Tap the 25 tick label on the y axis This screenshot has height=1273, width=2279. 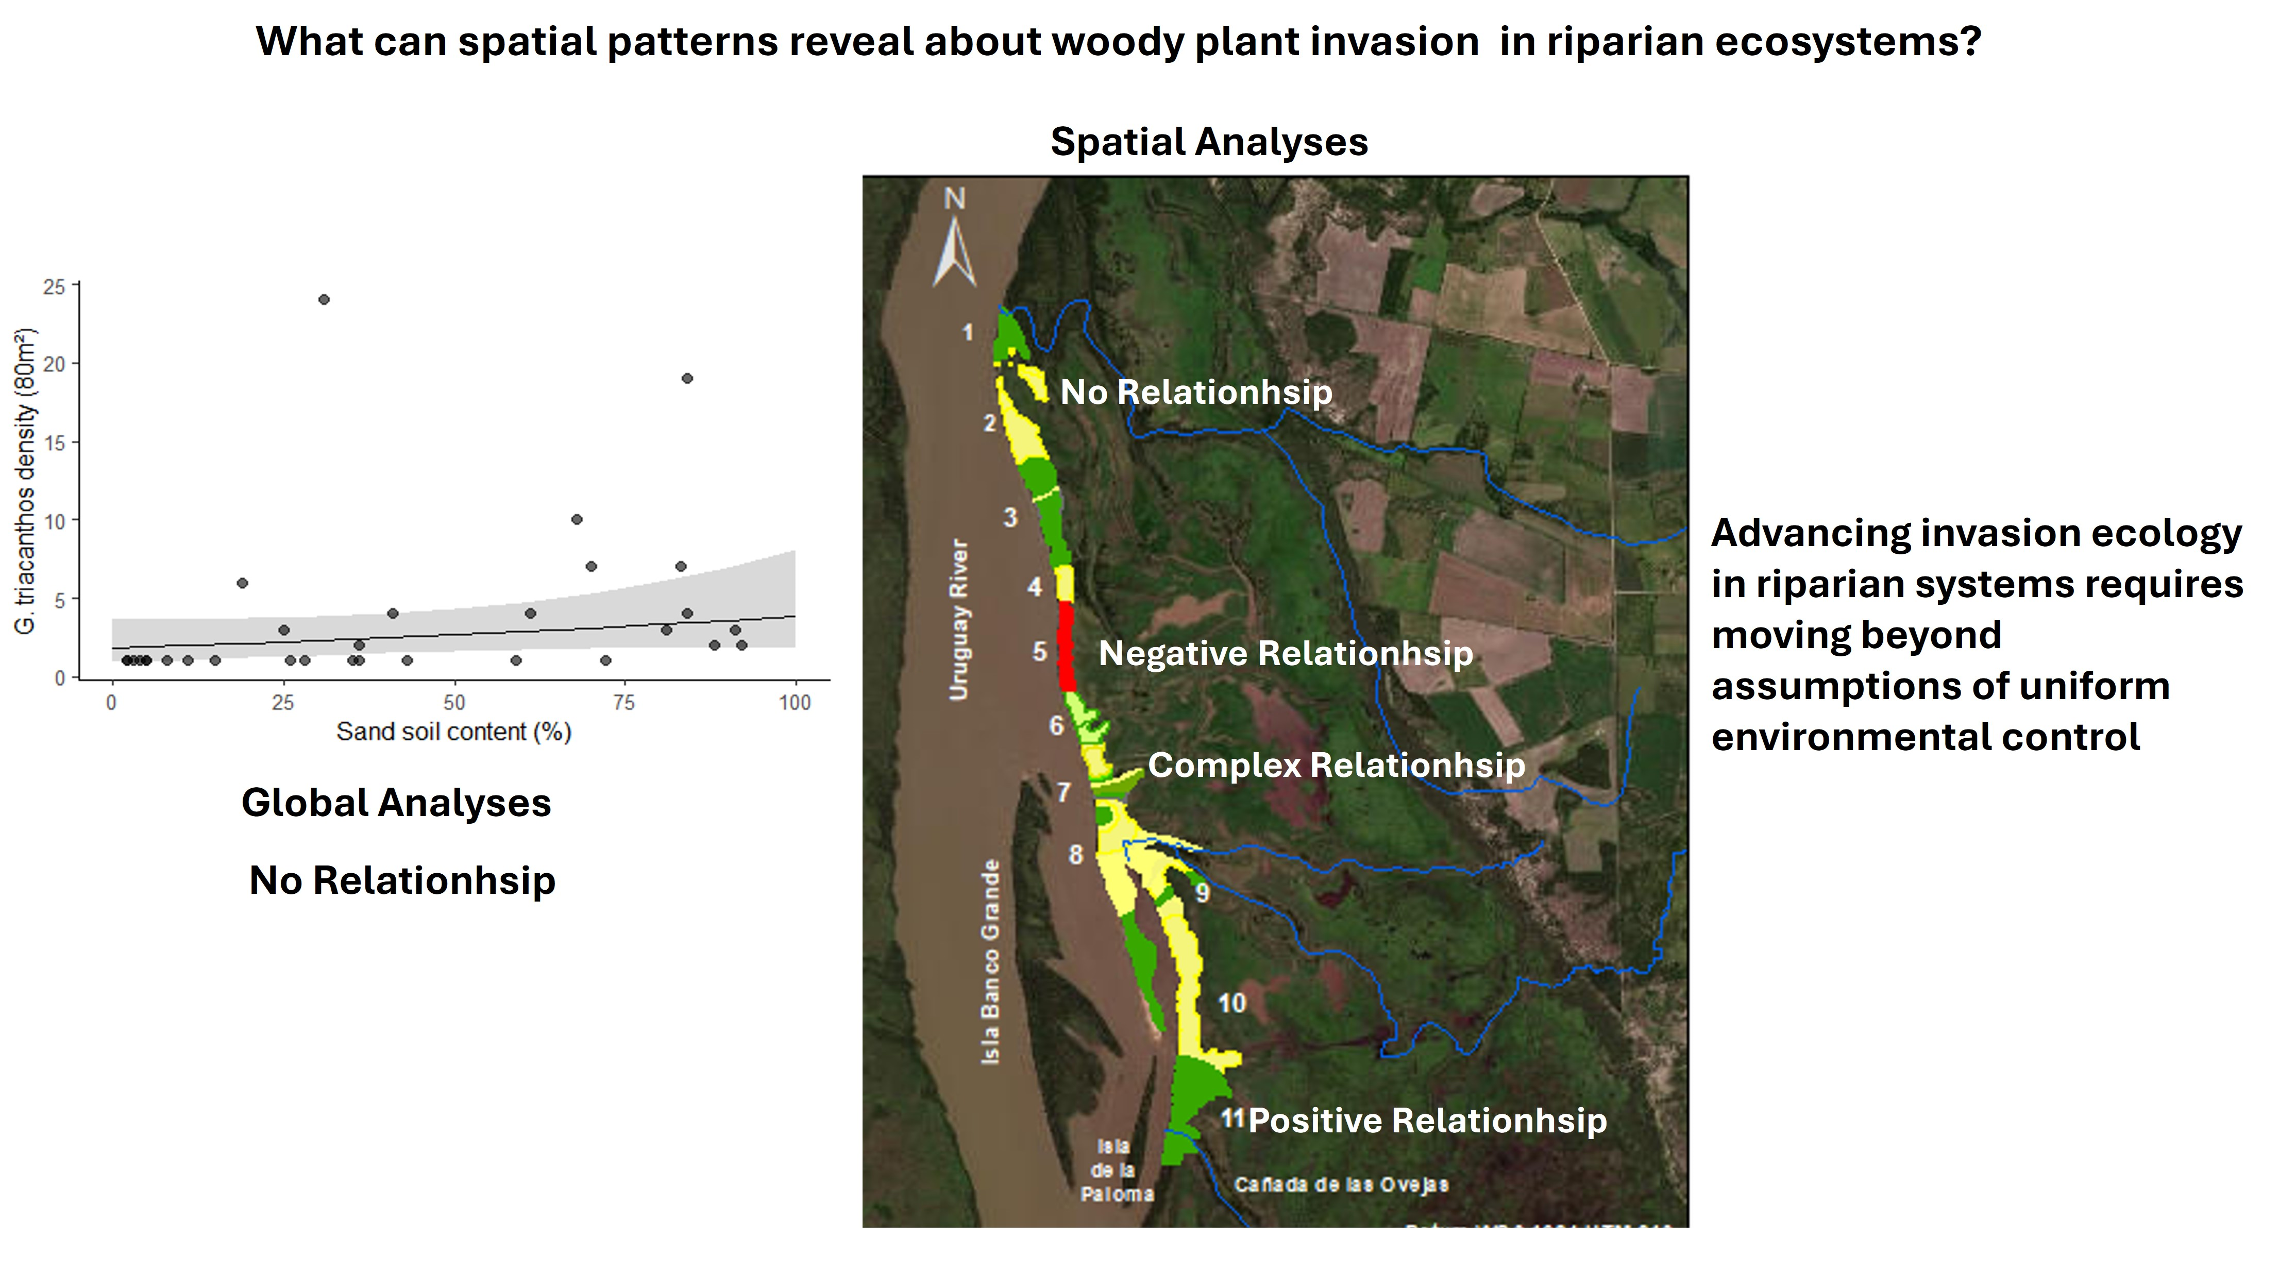[54, 286]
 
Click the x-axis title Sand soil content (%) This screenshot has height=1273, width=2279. [454, 732]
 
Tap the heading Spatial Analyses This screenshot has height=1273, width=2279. [1208, 142]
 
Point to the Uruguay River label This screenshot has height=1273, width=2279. [959, 619]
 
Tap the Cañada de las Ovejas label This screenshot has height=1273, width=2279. [1341, 1184]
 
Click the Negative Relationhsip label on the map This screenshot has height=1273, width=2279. [1286, 654]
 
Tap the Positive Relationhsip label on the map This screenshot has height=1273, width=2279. [1427, 1121]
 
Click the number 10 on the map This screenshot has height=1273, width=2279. [1231, 1003]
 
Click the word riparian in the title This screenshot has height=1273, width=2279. [1624, 42]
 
